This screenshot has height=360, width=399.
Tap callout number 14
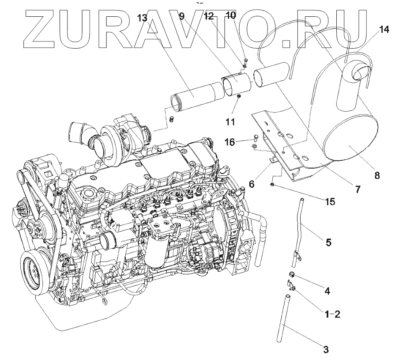coord(384,30)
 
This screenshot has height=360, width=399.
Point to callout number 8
coord(377,175)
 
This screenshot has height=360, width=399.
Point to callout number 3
coord(326,350)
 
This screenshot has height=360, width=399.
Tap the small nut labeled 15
coord(274,184)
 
